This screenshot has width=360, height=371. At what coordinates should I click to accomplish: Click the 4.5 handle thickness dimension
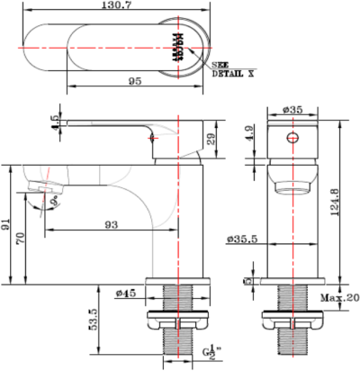pyautogui.click(x=54, y=122)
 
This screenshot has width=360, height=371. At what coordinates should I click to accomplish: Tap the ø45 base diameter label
pyautogui.click(x=124, y=293)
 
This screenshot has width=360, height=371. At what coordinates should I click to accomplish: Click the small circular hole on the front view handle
pyautogui.click(x=290, y=138)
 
